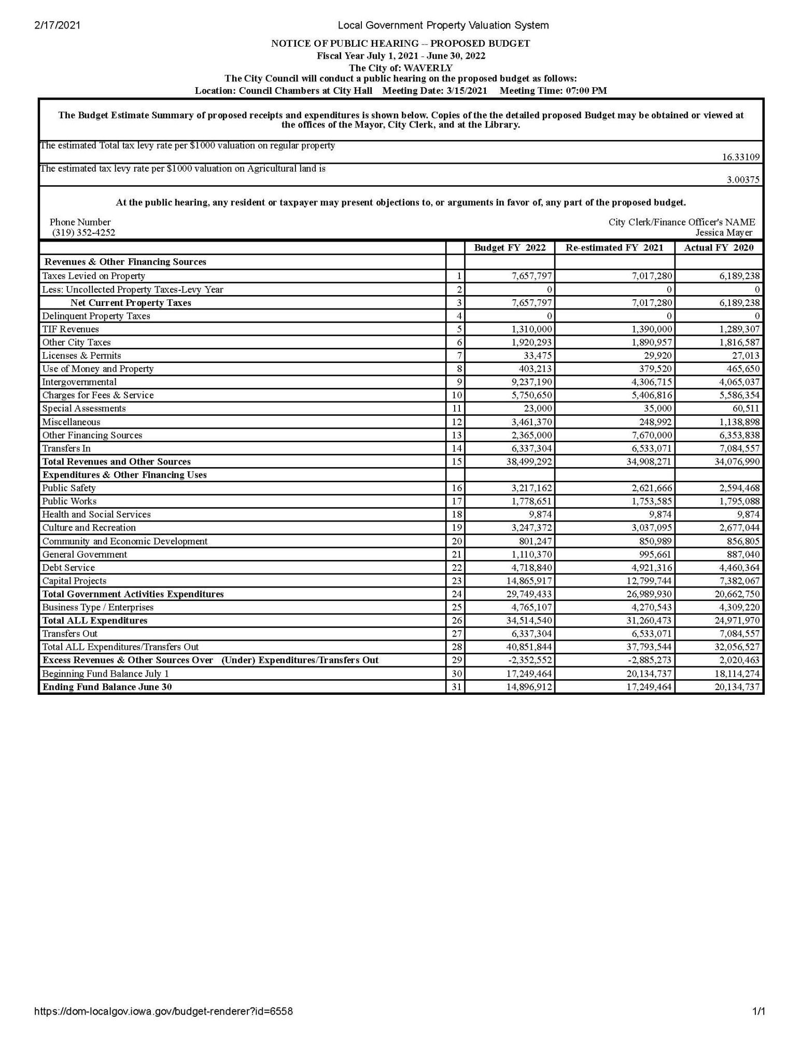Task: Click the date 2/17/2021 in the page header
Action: (57, 25)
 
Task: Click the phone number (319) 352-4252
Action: (83, 233)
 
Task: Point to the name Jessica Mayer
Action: (724, 233)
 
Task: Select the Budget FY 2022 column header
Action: (510, 248)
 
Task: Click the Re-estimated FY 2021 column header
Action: (614, 248)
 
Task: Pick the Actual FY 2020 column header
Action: (719, 248)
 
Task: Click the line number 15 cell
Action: (456, 461)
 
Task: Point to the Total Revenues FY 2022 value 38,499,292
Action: (529, 461)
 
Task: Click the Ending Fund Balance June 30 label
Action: (107, 687)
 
